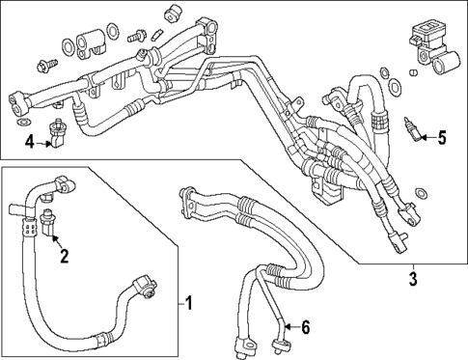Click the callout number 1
coord(189,305)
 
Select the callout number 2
coord(64,256)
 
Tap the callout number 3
coord(413,280)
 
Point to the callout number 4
coord(30,144)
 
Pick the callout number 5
coord(442,137)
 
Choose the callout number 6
coord(305,328)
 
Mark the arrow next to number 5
coord(425,136)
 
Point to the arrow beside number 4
coord(46,143)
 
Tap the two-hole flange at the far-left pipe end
coord(18,100)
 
